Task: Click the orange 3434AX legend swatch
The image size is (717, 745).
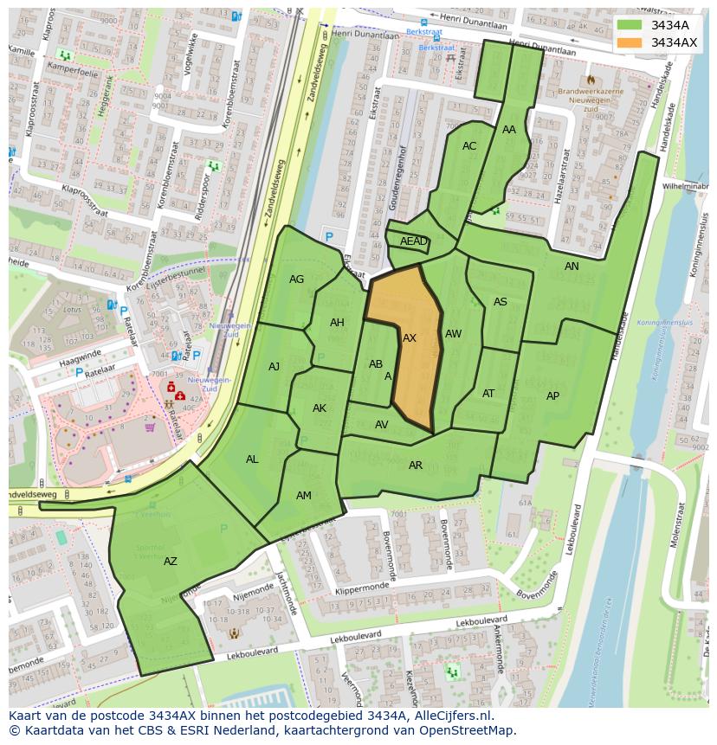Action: click(x=630, y=42)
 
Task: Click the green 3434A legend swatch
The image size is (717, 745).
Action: click(x=630, y=25)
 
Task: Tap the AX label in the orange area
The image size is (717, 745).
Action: click(x=410, y=338)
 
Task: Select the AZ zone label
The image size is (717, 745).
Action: click(x=171, y=562)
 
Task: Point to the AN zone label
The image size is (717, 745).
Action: click(x=572, y=267)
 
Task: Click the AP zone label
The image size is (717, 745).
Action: click(x=552, y=396)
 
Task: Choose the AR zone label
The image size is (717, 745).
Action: click(x=416, y=466)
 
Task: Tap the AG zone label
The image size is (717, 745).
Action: click(x=297, y=279)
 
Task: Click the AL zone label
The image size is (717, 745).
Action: click(x=252, y=459)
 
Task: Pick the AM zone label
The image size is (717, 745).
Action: click(x=304, y=496)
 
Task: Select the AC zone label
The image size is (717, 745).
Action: click(x=469, y=146)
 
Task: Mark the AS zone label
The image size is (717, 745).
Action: click(x=501, y=302)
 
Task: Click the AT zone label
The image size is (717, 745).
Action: click(x=488, y=394)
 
